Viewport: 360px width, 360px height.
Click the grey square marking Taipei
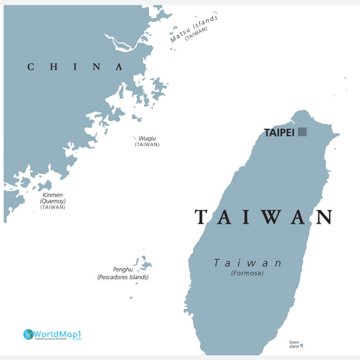302,132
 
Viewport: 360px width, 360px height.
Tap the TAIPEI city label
279,132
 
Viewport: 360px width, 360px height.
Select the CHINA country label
75,67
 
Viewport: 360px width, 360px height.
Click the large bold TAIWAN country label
264,217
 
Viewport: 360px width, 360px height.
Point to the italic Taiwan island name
247,263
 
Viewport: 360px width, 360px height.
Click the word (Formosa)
247,273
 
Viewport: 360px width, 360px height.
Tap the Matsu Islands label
194,28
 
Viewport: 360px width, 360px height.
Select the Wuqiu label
147,138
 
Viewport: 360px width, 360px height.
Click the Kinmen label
53,194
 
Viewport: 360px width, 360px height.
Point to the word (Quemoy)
53,201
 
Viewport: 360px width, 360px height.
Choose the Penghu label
123,269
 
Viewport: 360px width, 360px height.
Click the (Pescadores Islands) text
123,277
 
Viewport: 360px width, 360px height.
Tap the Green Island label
294,344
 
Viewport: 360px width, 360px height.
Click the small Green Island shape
302,346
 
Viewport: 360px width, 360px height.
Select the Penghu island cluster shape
144,264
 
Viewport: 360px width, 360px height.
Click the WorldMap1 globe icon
28,334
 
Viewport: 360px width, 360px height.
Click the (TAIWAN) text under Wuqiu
147,144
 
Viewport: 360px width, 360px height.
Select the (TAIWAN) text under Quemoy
53,207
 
